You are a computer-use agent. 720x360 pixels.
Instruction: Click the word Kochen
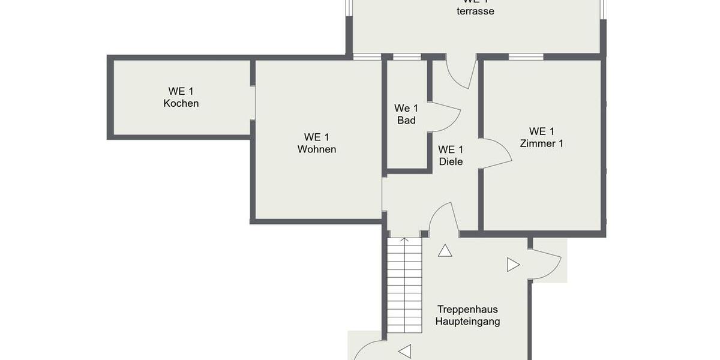[181, 103]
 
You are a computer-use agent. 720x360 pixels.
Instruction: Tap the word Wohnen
[317, 149]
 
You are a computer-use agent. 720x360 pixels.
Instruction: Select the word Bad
[406, 120]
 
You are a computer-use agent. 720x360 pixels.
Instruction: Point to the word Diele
[451, 161]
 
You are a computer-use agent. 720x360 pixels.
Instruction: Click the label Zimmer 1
[541, 143]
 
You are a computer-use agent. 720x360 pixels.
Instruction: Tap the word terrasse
[475, 11]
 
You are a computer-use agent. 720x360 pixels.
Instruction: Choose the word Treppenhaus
[467, 310]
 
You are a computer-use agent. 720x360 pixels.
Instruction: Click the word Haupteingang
[467, 322]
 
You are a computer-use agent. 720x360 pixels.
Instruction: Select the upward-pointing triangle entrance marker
[445, 251]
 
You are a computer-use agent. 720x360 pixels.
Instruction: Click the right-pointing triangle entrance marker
[512, 265]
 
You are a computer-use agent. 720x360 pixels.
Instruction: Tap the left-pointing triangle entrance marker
[405, 351]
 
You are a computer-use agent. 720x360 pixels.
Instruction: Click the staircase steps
[404, 282]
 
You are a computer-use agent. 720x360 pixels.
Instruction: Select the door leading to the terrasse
[463, 73]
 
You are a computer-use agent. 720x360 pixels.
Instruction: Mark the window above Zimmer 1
[526, 57]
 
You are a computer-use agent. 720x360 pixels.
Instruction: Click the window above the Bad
[406, 57]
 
